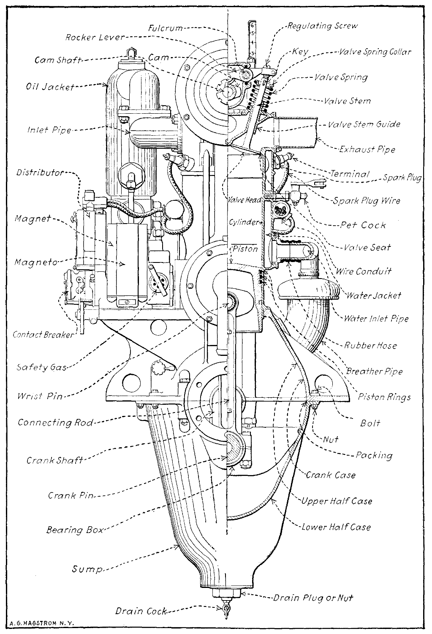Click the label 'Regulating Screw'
(322, 26)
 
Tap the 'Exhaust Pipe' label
(367, 149)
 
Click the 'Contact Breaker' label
(43, 335)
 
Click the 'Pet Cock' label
(363, 225)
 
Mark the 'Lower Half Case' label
(336, 527)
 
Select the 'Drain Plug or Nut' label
(312, 598)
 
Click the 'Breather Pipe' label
(374, 372)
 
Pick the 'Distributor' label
(40, 172)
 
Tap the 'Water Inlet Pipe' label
(376, 318)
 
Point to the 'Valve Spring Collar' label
(375, 52)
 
